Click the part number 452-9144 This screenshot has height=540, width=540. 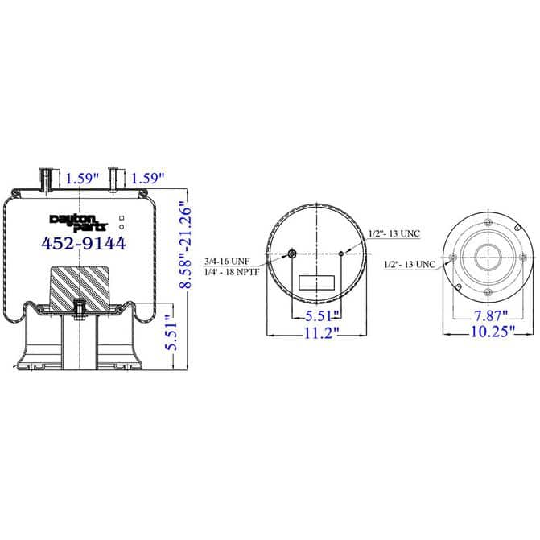(x=83, y=242)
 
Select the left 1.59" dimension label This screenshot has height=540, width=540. (x=83, y=177)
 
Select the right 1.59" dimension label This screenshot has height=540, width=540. (x=147, y=177)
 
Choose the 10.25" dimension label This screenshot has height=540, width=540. (x=488, y=333)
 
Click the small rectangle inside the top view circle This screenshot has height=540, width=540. (x=316, y=282)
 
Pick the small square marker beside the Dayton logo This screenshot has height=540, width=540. (x=121, y=217)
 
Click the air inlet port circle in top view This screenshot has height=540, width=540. (x=292, y=255)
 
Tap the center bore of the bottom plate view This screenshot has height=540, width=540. (x=488, y=258)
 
